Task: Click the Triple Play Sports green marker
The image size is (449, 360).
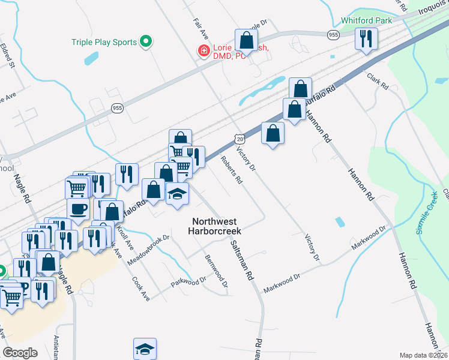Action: (145, 42)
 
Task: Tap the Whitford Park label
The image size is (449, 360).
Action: (366, 20)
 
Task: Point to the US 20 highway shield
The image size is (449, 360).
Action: (240, 139)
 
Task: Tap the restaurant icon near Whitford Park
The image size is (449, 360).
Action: (366, 39)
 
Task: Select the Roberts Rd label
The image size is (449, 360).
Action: (231, 171)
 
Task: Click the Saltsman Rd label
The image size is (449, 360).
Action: (243, 260)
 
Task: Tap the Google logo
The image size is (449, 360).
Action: (20, 352)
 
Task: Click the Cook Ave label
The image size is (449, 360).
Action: (140, 287)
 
